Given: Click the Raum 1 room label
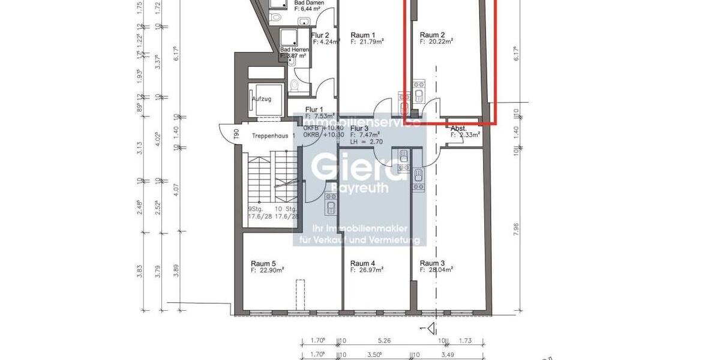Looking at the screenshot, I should (362, 35).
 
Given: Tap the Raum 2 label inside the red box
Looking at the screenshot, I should (432, 35).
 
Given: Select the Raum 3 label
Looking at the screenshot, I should (432, 263).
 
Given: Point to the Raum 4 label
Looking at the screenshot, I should (362, 263).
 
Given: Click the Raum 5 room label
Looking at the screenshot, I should (263, 263).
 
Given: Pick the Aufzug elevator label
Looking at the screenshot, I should (262, 99).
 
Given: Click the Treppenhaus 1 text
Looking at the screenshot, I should (274, 136).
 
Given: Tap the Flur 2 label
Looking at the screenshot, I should (320, 35).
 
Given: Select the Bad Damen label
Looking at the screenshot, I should (309, 3).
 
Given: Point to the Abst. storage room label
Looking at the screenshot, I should (459, 128).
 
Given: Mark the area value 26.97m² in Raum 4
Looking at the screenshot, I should (370, 271).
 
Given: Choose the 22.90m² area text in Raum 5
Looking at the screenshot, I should (270, 271).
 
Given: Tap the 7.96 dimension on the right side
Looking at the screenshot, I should (515, 226).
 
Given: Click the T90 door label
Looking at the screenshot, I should (236, 133).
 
